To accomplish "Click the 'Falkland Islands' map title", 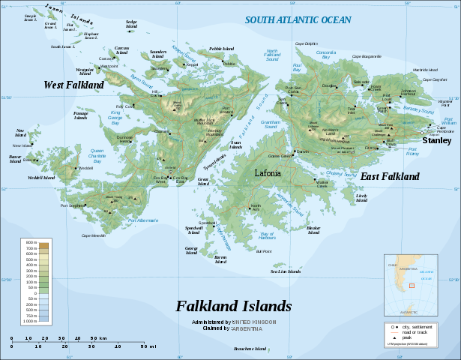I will (x=234, y=306).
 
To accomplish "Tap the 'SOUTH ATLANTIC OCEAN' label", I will (x=298, y=20).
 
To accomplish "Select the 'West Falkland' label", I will (x=73, y=85).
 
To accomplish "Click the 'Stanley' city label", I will (x=436, y=140).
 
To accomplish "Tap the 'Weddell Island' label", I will (x=42, y=178).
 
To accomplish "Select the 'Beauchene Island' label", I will (x=250, y=349).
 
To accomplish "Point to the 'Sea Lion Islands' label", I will (x=285, y=271).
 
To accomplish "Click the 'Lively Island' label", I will (x=362, y=198).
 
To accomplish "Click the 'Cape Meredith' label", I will (x=93, y=235).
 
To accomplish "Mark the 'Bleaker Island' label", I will (x=313, y=229).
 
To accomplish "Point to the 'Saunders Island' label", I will (x=157, y=54).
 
